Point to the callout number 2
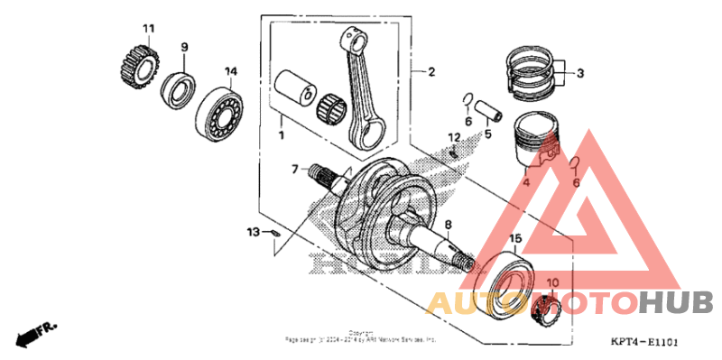click(430, 71)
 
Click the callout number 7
click(294, 169)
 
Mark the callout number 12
click(455, 137)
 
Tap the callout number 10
click(553, 282)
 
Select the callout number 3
click(581, 73)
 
